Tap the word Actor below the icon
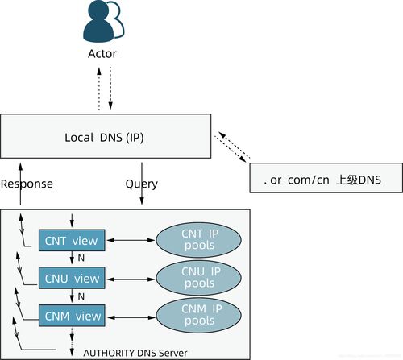tap(102, 54)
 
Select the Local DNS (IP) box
tap(106, 136)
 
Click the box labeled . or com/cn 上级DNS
tap(326, 177)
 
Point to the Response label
tap(27, 184)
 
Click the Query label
tap(141, 184)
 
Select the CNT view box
tap(73, 240)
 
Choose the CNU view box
tap(73, 278)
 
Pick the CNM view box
tap(73, 316)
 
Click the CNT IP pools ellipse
tap(198, 239)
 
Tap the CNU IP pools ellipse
tap(198, 278)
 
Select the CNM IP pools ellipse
tap(198, 316)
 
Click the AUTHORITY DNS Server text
tap(135, 352)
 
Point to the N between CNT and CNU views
tap(81, 259)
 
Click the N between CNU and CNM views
tap(81, 296)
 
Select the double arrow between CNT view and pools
tap(131, 240)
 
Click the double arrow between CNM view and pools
tap(131, 316)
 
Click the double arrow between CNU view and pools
tap(131, 278)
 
